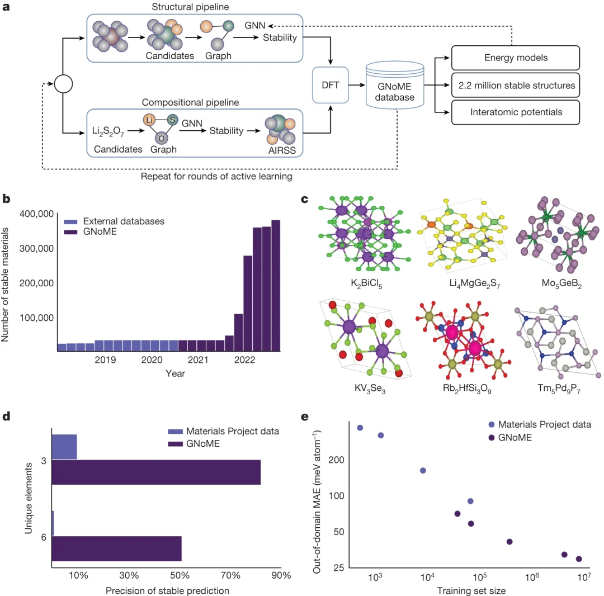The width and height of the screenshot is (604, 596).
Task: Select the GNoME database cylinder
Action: [395, 86]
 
